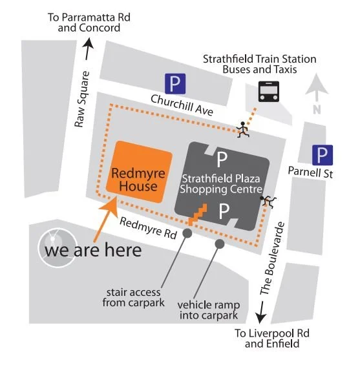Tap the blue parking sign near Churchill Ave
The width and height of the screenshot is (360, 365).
[175, 83]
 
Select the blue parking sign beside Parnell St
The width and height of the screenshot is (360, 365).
[323, 155]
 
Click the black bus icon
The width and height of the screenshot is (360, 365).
[266, 92]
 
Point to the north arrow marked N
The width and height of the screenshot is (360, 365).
[316, 94]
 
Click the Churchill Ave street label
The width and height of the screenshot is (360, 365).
[182, 104]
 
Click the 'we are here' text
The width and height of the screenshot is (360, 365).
[92, 250]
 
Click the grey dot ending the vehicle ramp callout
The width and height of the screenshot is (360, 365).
[220, 244]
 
